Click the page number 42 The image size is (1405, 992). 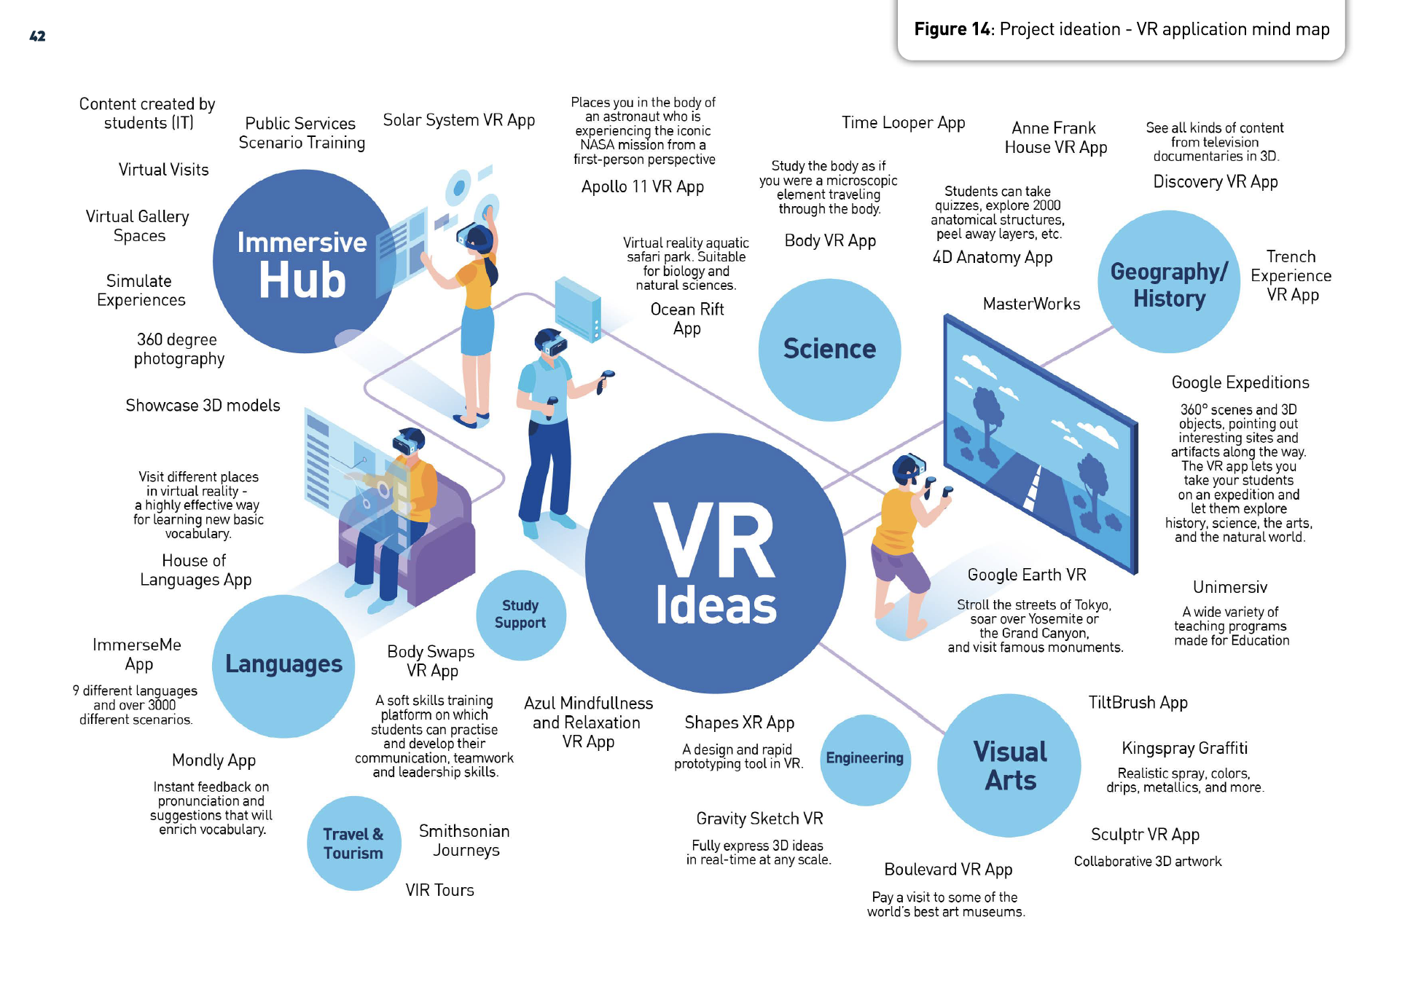pyautogui.click(x=37, y=36)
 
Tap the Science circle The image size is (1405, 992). pyautogui.click(x=829, y=350)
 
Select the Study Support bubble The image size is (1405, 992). pyautogui.click(x=520, y=614)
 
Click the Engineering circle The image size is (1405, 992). pyautogui.click(x=865, y=759)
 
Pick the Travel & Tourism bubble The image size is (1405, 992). pyautogui.click(x=353, y=843)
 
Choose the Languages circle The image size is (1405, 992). pyautogui.click(x=283, y=665)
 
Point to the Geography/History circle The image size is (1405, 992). pyautogui.click(x=1169, y=283)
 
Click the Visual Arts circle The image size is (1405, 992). pyautogui.click(x=1009, y=765)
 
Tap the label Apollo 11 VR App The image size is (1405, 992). pyautogui.click(x=643, y=187)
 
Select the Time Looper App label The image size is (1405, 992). pyautogui.click(x=903, y=123)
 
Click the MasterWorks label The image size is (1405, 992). pyautogui.click(x=1031, y=304)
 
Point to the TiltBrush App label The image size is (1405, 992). pyautogui.click(x=1138, y=703)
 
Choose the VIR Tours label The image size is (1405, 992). pyautogui.click(x=439, y=890)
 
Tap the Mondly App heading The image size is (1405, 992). pyautogui.click(x=214, y=760)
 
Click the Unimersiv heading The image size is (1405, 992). pyautogui.click(x=1230, y=587)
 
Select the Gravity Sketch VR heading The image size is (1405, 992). pyautogui.click(x=759, y=819)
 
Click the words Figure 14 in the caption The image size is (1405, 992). pyautogui.click(x=952, y=29)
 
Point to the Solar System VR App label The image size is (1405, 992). pyautogui.click(x=459, y=120)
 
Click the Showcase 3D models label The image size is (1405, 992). pyautogui.click(x=203, y=406)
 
